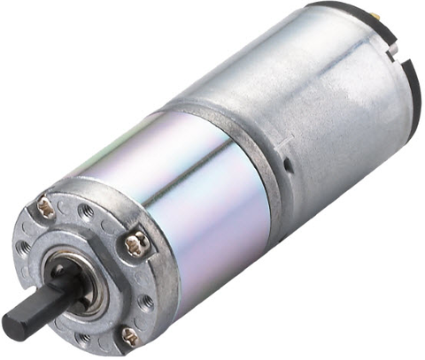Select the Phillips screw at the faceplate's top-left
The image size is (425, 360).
pyautogui.click(x=45, y=209)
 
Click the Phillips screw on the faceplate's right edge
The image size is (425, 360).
pyautogui.click(x=134, y=243)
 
